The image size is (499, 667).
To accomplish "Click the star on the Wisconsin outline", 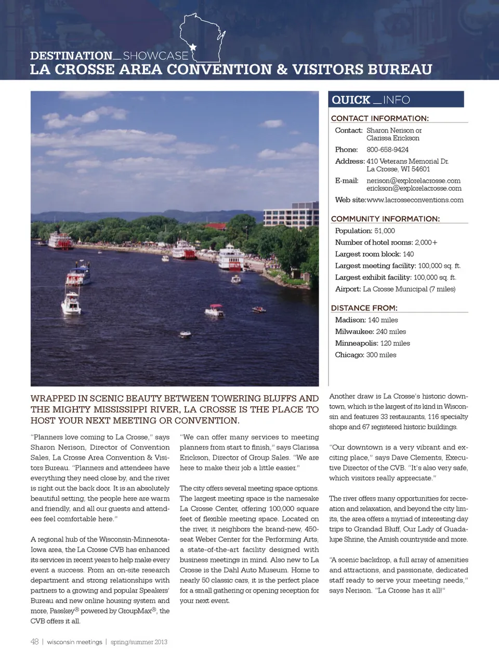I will [193, 47].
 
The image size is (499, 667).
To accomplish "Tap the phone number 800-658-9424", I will [387, 150].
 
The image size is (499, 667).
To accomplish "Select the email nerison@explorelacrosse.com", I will [413, 181].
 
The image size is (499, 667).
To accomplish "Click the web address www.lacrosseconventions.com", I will [415, 200].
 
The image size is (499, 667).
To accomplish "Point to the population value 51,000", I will [385, 231].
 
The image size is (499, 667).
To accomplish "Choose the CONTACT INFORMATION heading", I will [380, 118].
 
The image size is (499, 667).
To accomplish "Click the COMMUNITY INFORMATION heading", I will [385, 219].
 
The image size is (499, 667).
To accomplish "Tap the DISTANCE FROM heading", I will [364, 308].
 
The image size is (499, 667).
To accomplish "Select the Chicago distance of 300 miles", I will [381, 355].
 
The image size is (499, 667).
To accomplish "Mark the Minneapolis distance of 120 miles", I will [395, 343].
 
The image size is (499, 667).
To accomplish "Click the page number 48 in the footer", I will [34, 642].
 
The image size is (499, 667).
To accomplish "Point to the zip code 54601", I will [421, 169].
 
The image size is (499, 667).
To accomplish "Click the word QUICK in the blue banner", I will [351, 100].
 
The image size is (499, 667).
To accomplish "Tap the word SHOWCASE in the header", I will [155, 56].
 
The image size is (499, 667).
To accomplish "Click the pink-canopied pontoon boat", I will [214, 311].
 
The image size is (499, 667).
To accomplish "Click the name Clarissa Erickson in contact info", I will [392, 138].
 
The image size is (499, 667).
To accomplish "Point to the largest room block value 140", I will [408, 254].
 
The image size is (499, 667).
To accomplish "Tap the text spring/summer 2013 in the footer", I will [139, 642].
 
